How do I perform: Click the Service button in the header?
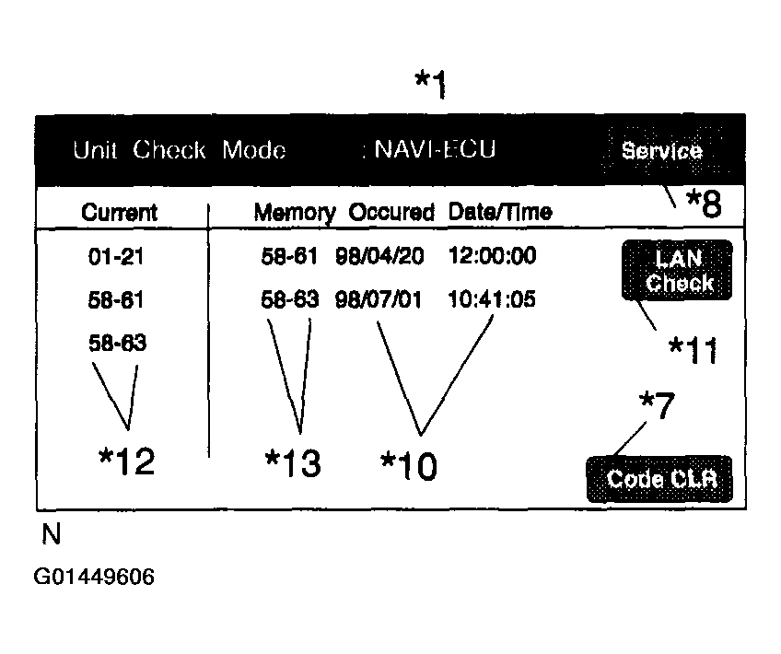(661, 151)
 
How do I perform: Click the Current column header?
(120, 212)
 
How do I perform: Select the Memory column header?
(295, 212)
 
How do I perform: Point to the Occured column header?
(391, 212)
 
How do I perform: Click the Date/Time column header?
(500, 212)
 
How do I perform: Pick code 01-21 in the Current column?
(116, 257)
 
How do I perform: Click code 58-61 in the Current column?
(116, 300)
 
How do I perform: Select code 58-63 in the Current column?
(117, 344)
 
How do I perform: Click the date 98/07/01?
(379, 300)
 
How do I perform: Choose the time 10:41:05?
(493, 300)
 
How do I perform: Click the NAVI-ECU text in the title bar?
(434, 150)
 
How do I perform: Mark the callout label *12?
(127, 461)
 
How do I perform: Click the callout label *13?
(293, 463)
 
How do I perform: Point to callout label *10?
(409, 466)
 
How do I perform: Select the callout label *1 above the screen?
(430, 86)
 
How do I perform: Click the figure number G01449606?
(94, 578)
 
